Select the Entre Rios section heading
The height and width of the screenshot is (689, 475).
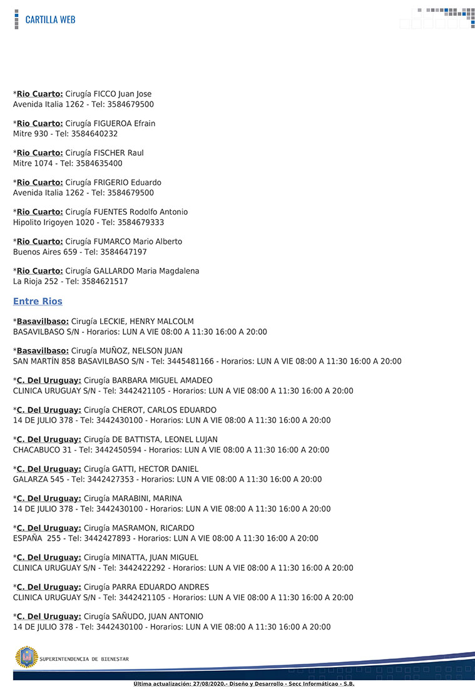[x=38, y=302]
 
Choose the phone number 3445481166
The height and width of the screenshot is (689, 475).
[x=187, y=361]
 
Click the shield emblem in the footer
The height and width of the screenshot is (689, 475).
[x=26, y=657]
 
